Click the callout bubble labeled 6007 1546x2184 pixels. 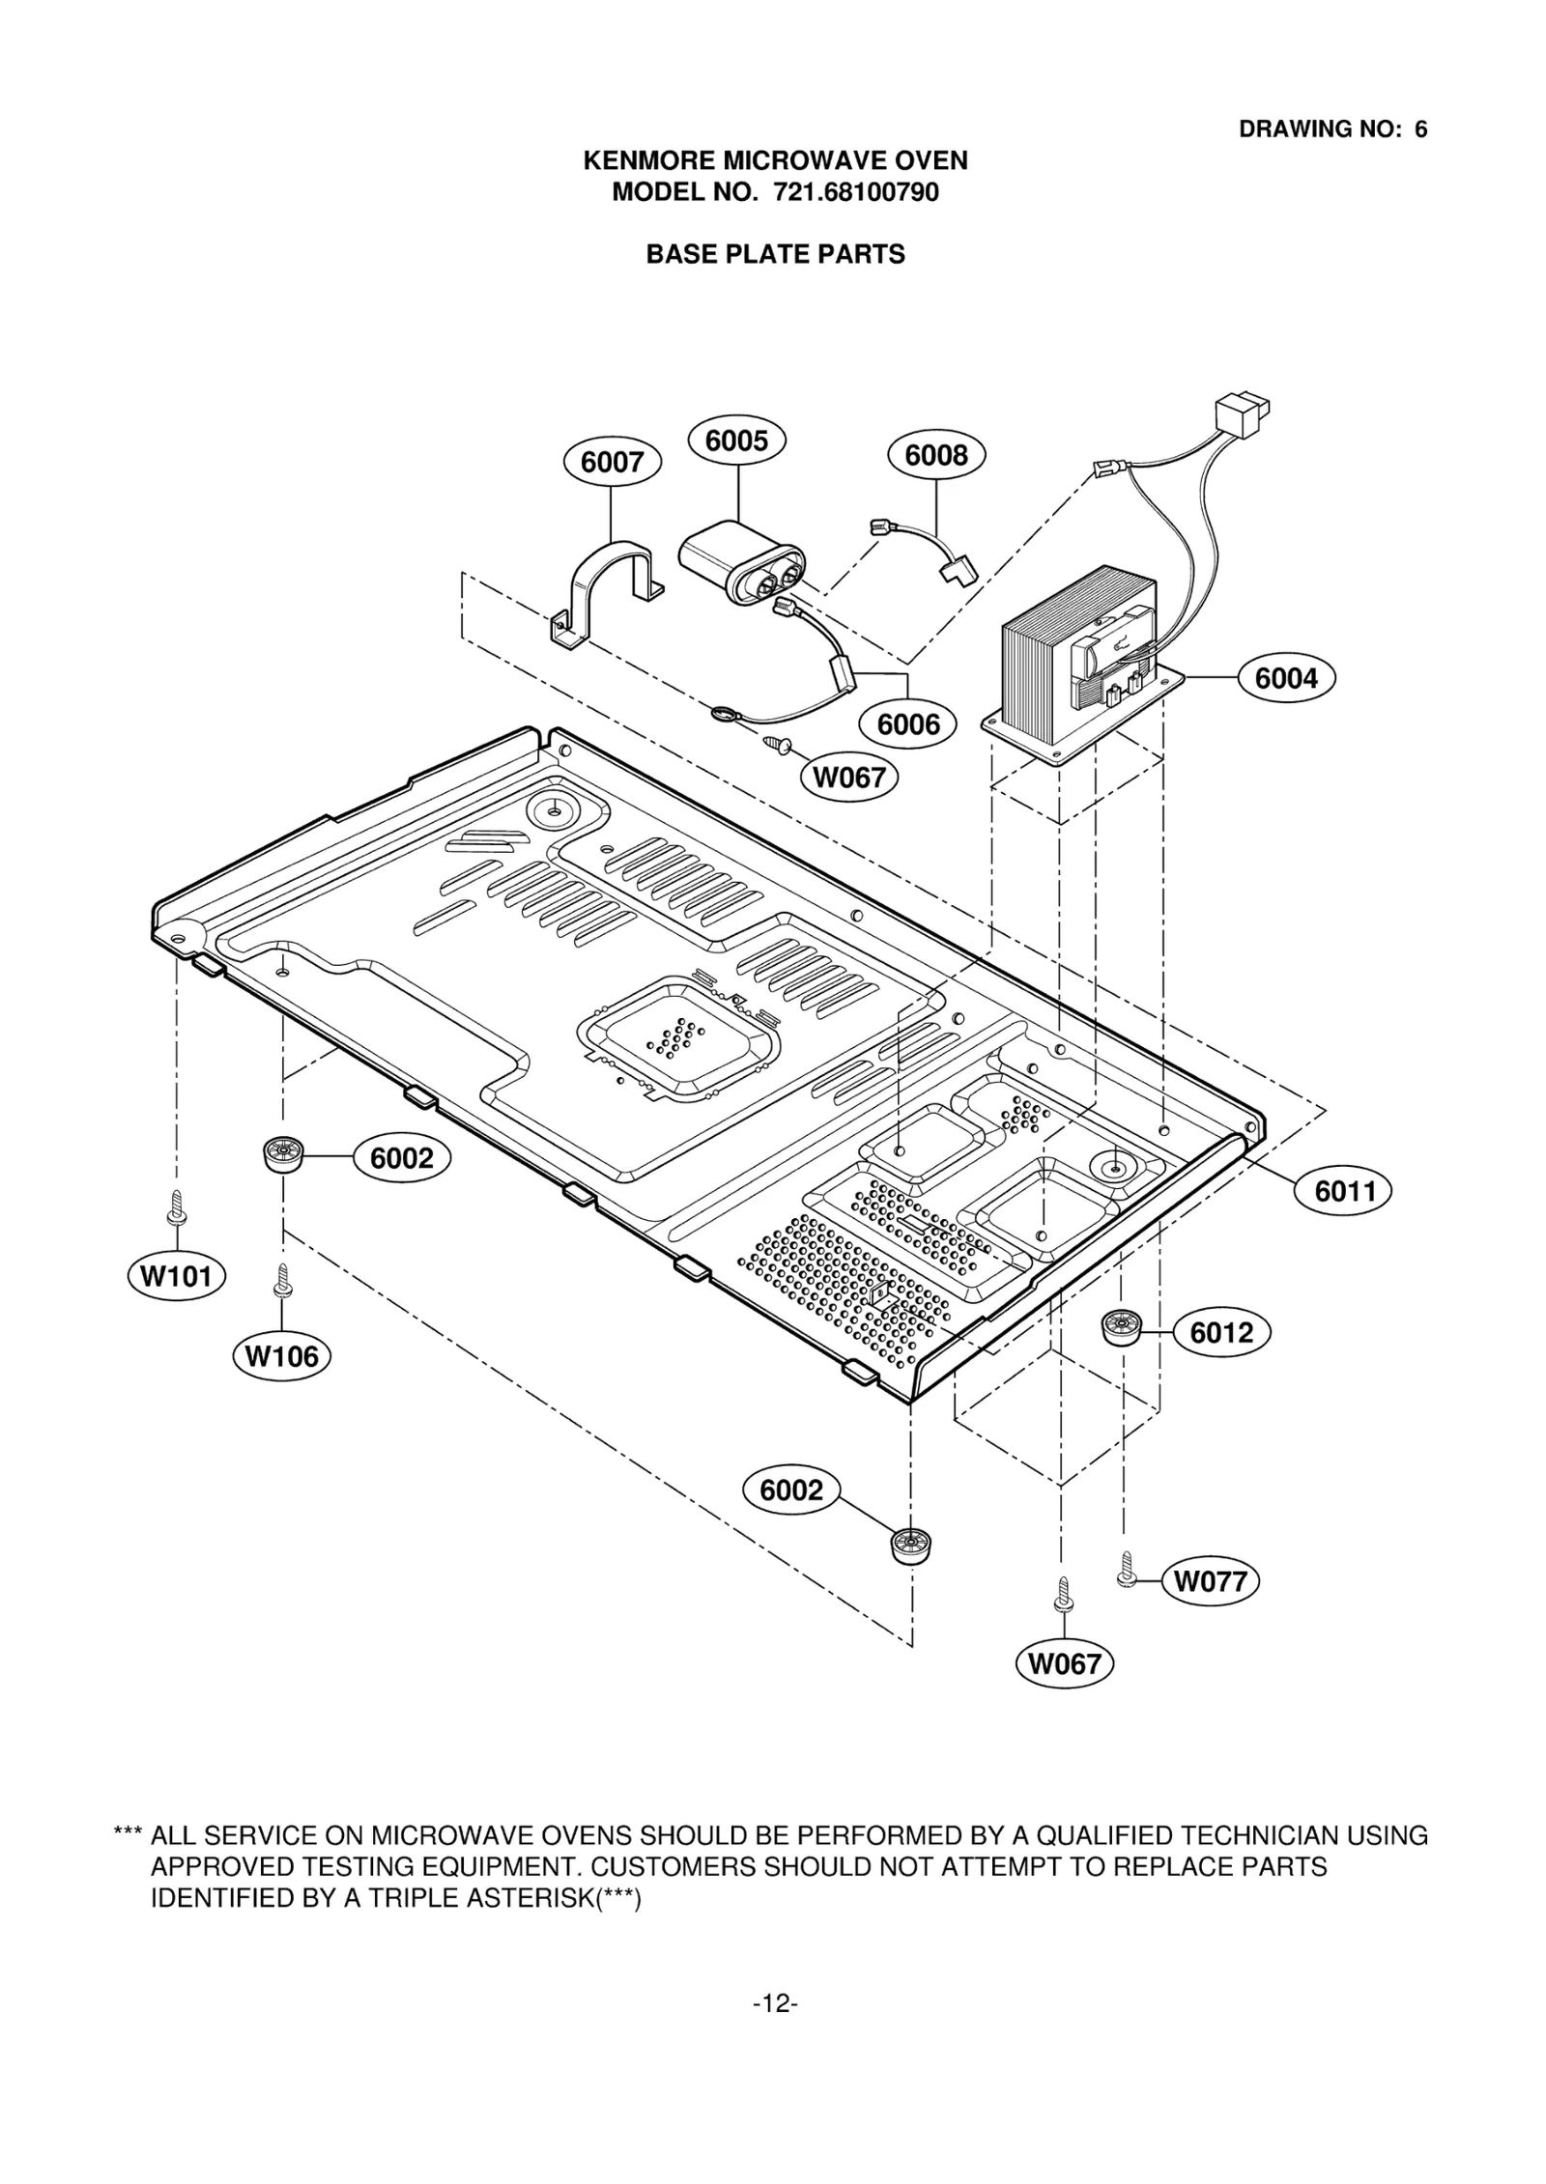click(613, 462)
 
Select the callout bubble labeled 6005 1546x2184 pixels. click(736, 440)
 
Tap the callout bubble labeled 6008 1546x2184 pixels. click(935, 454)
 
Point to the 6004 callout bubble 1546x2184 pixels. click(1286, 678)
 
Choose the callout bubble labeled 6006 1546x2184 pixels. click(908, 724)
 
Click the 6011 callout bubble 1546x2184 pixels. click(1343, 1191)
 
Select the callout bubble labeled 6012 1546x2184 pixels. click(1221, 1333)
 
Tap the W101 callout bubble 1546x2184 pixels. click(176, 1276)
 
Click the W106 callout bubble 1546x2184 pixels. click(282, 1356)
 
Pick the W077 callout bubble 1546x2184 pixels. click(1210, 1581)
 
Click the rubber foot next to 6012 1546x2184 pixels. click(1121, 1328)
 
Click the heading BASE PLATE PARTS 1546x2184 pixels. click(775, 254)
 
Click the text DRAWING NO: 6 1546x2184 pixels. click(1332, 129)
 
